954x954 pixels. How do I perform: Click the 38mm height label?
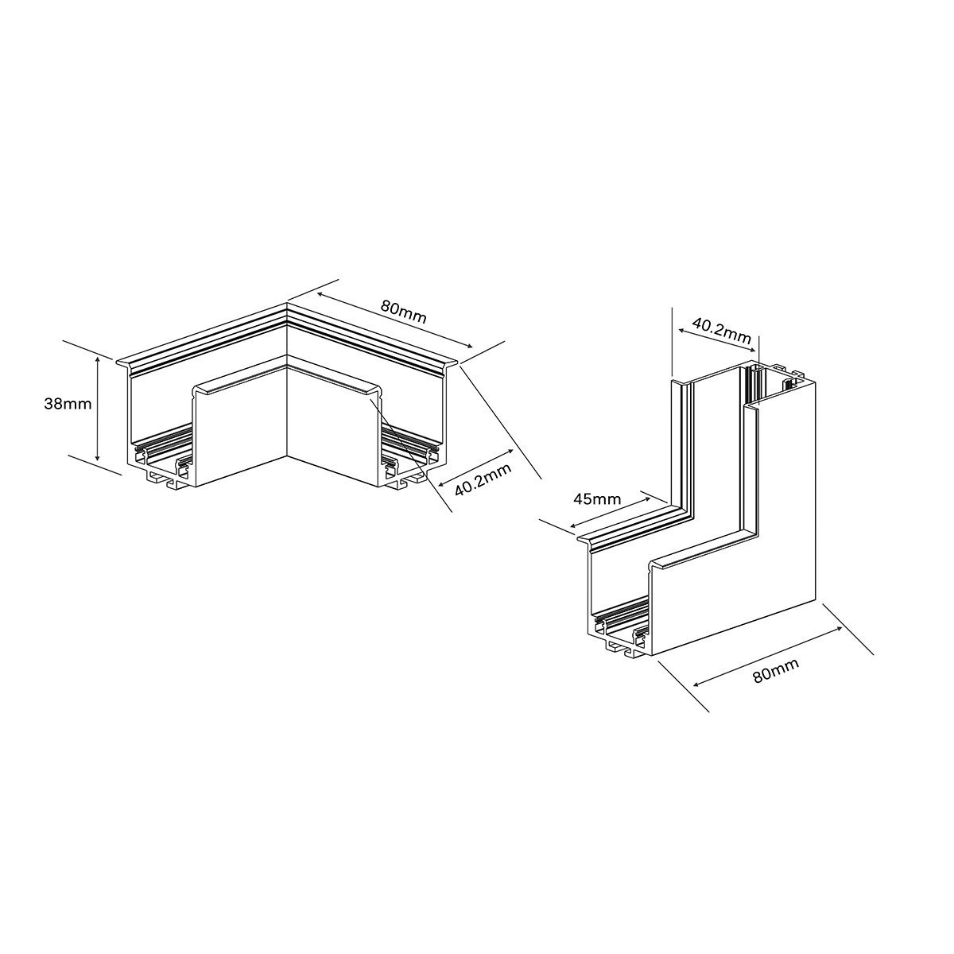click(x=68, y=404)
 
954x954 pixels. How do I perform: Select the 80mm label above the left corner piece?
click(x=404, y=312)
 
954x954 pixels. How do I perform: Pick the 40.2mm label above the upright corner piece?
click(x=722, y=329)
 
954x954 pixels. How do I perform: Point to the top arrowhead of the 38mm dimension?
click(x=97, y=360)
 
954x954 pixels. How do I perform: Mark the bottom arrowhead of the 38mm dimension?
click(x=97, y=459)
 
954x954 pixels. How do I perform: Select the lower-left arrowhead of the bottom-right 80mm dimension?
click(x=695, y=684)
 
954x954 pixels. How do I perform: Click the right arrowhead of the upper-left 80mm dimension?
click(x=472, y=347)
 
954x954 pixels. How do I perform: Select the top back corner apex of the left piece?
click(x=287, y=304)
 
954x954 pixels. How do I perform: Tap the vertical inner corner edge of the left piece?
click(x=287, y=413)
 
